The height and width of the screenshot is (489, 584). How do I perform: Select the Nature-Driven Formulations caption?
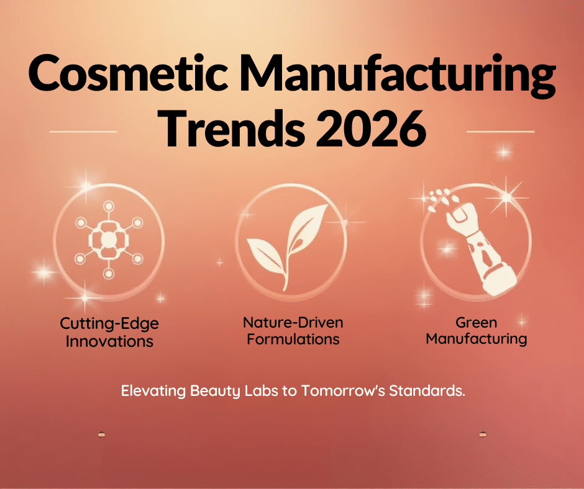293,331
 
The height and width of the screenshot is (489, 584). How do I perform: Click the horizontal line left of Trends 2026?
83,132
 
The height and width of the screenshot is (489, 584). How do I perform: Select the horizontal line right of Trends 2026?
500,132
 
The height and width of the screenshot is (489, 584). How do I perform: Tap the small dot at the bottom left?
101,435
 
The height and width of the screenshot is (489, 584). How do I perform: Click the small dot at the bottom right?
483,434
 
